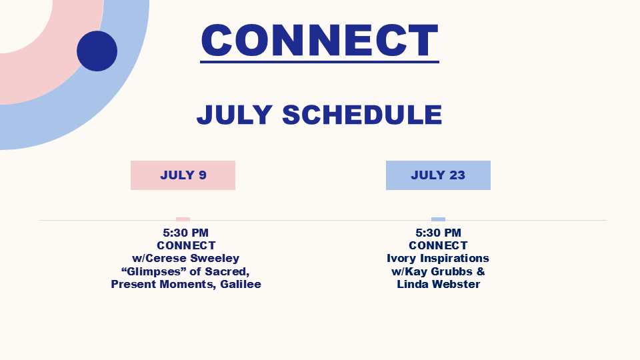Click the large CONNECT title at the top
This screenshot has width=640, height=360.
click(319, 40)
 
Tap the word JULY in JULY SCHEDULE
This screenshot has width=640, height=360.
click(235, 114)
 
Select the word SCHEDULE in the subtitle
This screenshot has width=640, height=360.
click(362, 114)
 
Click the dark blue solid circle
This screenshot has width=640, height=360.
click(97, 51)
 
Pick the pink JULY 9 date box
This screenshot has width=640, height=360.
click(183, 175)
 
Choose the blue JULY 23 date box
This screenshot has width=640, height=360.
click(439, 175)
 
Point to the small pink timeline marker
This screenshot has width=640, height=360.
click(183, 219)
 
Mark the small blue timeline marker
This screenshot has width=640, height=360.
click(439, 219)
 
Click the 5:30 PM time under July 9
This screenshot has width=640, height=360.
click(186, 233)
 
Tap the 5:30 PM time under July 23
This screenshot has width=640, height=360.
click(439, 233)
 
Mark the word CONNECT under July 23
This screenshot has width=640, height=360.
click(439, 245)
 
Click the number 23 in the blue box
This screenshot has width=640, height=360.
click(457, 175)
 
